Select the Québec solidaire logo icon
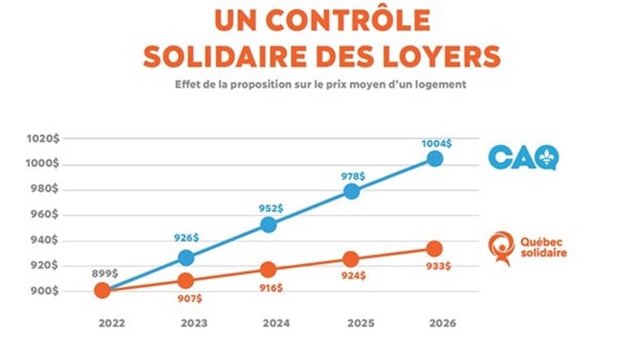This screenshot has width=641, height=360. tap(500, 248)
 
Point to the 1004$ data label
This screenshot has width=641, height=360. tap(436, 143)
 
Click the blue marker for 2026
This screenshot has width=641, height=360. tap(434, 159)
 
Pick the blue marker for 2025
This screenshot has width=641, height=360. tap(352, 191)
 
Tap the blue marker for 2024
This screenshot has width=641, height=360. tap(268, 224)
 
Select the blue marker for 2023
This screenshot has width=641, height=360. tap(185, 257)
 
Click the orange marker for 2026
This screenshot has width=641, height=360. tap(434, 248)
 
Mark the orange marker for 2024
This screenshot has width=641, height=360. tap(268, 270)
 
